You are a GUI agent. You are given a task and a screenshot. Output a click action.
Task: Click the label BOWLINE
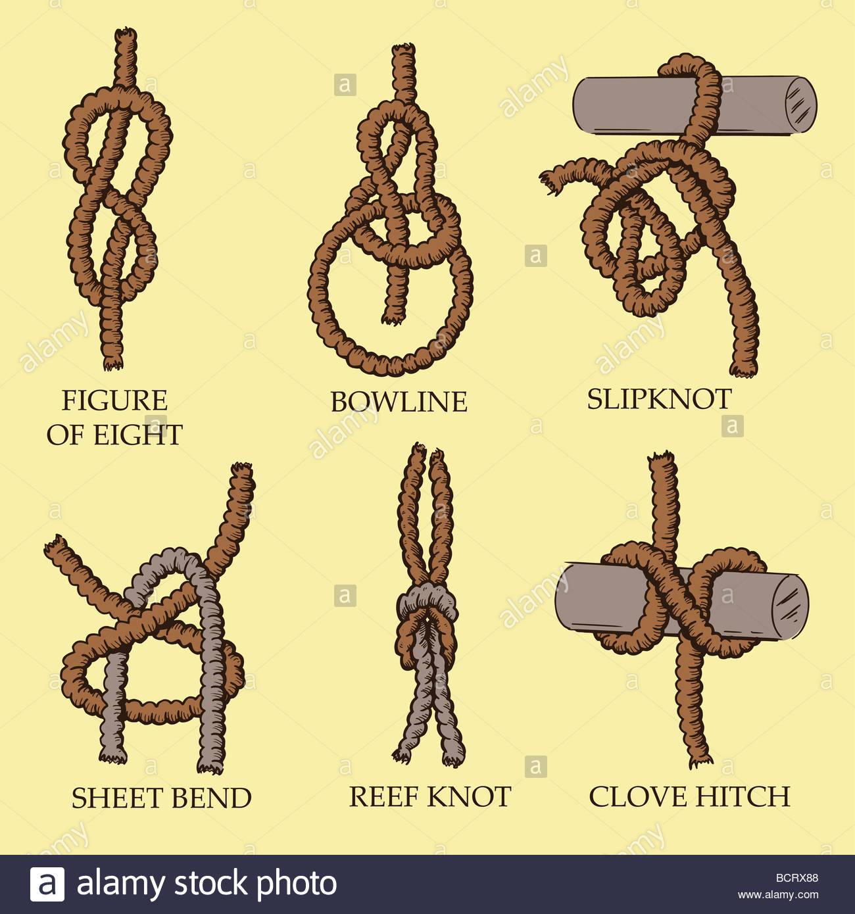[x=399, y=402]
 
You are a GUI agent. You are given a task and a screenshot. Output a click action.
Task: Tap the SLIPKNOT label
[x=659, y=399]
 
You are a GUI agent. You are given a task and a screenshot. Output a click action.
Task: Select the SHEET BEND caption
[x=161, y=798]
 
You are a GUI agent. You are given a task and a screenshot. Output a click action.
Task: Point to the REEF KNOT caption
[x=429, y=797]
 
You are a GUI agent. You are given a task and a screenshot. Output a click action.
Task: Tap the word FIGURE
[x=114, y=400]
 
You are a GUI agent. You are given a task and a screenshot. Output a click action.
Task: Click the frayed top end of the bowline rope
[x=404, y=50]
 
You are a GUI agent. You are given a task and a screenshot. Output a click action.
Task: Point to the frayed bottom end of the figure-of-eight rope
[x=113, y=363]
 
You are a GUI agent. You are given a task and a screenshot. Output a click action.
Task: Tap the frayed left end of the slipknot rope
[x=548, y=181]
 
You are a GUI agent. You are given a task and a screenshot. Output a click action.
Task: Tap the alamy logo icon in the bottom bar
[x=47, y=884]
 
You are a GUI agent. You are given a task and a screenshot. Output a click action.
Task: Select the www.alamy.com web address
[x=778, y=894]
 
